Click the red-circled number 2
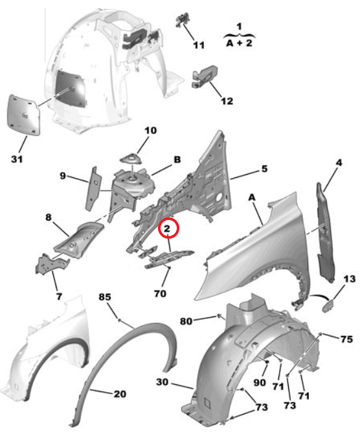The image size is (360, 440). click(x=167, y=228)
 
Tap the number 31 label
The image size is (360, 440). click(x=17, y=159)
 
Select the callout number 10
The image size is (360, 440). click(x=150, y=131)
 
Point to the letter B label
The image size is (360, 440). click(x=177, y=159)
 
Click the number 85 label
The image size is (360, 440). click(x=105, y=297)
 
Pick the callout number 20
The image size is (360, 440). click(x=120, y=394)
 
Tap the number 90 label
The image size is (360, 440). click(x=260, y=382)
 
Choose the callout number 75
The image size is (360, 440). click(x=346, y=339)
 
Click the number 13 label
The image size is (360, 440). click(x=350, y=279)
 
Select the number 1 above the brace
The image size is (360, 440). click(x=239, y=27)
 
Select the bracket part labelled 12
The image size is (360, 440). click(x=205, y=76)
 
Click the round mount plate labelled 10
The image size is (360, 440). click(x=131, y=160)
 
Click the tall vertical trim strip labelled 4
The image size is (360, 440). click(x=324, y=233)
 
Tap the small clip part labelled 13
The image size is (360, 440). click(x=328, y=305)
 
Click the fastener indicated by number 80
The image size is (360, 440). click(x=219, y=316)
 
